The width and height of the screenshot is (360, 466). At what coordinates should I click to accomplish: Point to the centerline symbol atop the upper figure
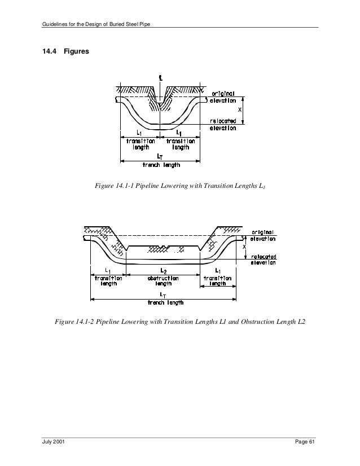[x=161, y=80]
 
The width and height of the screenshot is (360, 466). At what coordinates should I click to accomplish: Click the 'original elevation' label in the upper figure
[x=224, y=97]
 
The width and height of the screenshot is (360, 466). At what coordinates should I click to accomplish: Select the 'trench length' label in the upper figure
[x=161, y=165]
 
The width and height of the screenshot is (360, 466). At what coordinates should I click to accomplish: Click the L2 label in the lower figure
[x=163, y=271]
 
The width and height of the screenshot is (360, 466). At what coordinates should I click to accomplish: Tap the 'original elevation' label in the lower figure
[x=262, y=235]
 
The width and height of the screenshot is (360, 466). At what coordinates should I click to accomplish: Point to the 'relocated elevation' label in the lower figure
[x=263, y=260]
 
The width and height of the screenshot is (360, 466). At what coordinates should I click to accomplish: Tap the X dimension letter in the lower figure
[x=244, y=247]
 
